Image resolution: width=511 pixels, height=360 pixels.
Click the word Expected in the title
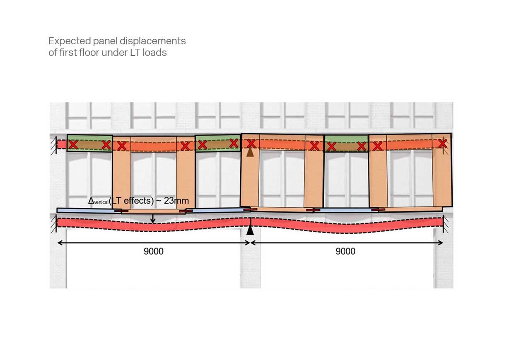(70, 42)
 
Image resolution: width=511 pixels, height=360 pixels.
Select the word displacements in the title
(153, 41)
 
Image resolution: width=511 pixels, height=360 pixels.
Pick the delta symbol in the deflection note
(91, 201)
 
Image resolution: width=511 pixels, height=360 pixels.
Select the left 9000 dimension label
(154, 252)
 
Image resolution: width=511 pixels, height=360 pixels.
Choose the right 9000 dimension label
(345, 252)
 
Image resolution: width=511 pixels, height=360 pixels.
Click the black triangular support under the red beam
(250, 230)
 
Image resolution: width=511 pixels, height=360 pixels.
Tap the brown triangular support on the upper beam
(250, 152)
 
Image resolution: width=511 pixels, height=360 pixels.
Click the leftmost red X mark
(73, 145)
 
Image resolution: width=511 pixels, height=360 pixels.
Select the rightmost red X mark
(443, 144)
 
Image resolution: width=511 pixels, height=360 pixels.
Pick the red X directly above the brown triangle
(251, 144)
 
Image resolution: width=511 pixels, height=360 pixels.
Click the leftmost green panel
(90, 143)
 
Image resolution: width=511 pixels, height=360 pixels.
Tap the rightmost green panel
(346, 144)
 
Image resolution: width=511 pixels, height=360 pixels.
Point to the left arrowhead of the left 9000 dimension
(60, 243)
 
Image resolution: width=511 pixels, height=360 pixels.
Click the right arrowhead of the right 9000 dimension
(441, 243)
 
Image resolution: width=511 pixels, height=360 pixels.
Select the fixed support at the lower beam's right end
(446, 224)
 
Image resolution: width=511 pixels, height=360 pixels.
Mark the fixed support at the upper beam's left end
(54, 146)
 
